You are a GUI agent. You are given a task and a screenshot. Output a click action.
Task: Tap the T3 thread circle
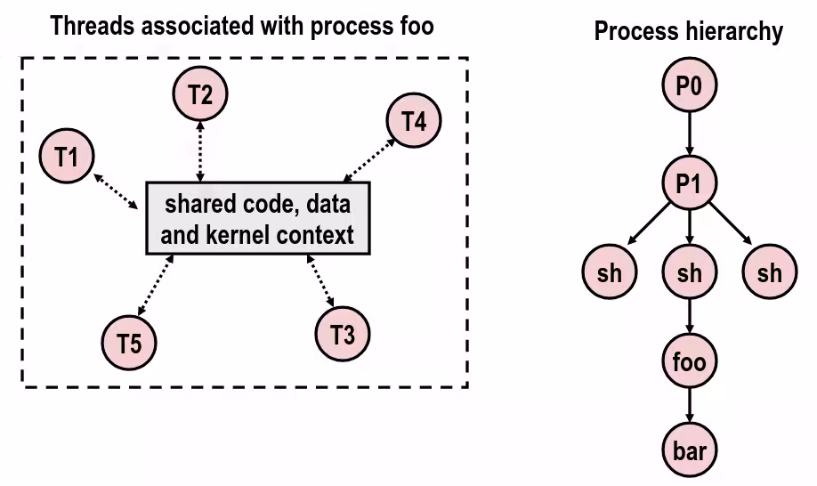coord(343,334)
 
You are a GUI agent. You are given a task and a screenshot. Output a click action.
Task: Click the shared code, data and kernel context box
coord(257,219)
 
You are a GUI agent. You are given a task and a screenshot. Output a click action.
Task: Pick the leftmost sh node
coord(610,272)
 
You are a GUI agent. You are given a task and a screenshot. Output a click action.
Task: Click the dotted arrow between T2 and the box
coord(200,151)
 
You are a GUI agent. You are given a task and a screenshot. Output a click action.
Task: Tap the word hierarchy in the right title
coord(733,32)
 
